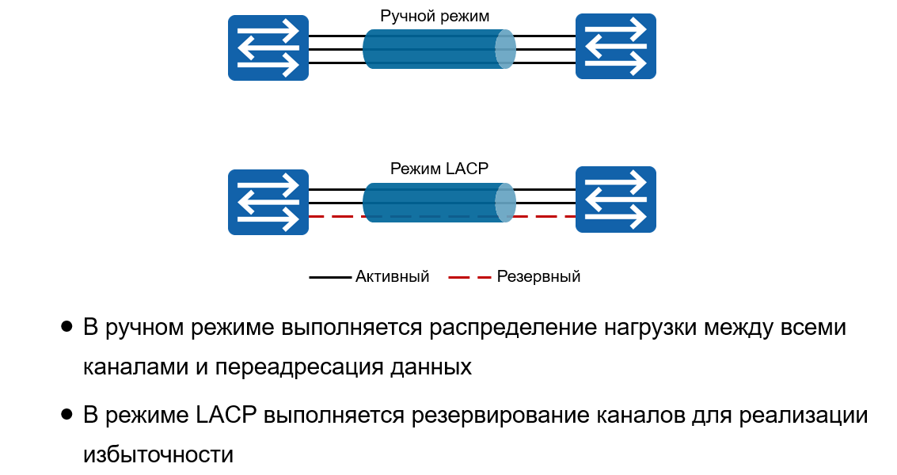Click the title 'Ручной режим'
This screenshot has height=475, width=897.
tap(435, 16)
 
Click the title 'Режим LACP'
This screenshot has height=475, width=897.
tap(439, 169)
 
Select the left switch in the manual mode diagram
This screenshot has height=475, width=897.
tap(268, 47)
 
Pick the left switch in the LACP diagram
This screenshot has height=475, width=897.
tap(268, 202)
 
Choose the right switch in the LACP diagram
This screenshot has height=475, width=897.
tap(615, 199)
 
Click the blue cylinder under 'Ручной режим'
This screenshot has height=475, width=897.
tap(439, 49)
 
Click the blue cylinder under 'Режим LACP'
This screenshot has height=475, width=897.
tap(439, 203)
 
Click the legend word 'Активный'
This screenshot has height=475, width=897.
tap(392, 276)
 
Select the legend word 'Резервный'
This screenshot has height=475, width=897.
tap(538, 276)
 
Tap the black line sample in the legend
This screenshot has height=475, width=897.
tap(329, 277)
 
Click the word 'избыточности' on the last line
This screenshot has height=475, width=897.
tap(158, 455)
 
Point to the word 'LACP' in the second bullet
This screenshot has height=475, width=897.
tap(225, 415)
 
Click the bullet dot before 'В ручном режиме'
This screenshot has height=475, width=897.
tap(67, 326)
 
